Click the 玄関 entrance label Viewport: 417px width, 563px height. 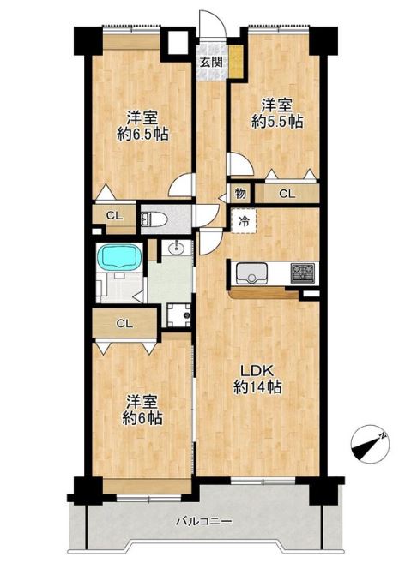pos(211,62)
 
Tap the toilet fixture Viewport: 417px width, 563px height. pos(154,219)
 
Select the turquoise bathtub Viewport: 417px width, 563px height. pos(121,256)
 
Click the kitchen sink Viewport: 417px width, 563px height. pos(251,273)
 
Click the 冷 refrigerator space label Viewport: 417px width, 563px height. pos(244,222)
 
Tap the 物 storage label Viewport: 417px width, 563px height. pos(240,194)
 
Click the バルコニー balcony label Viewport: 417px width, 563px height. pos(204,521)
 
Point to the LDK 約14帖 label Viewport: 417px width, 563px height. pos(257,379)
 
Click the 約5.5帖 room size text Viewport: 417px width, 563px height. pos(277,123)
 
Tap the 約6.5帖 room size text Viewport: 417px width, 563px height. pos(142,135)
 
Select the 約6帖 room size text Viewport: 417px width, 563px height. pos(142,418)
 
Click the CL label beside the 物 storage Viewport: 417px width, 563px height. pos(287,194)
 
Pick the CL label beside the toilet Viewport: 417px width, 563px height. pos(115,216)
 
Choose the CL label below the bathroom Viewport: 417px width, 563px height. pos(124,324)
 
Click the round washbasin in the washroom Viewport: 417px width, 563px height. pos(177,248)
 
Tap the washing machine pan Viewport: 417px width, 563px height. pos(179,314)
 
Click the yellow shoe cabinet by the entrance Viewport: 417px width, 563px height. pos(236,61)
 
